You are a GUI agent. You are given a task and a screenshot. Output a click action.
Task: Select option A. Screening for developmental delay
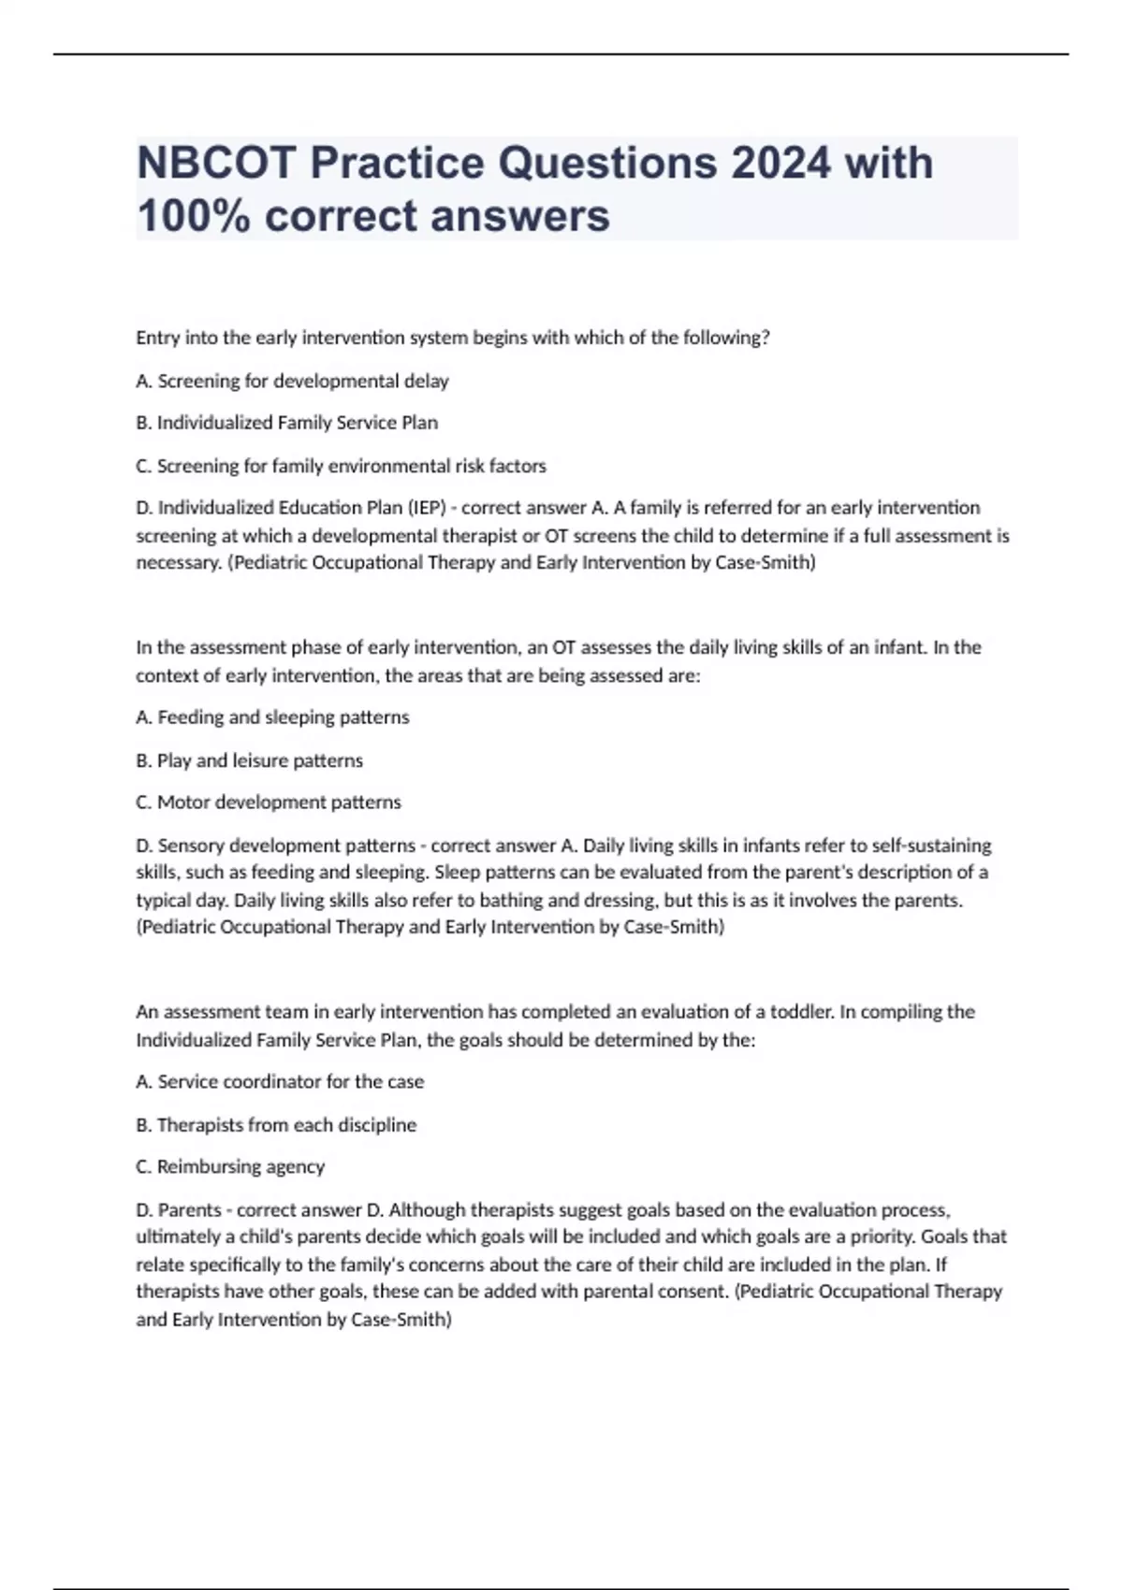point(292,381)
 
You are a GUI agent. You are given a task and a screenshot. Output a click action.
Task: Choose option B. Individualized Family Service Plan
point(286,423)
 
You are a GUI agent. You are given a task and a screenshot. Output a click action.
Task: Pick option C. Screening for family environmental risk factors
point(341,466)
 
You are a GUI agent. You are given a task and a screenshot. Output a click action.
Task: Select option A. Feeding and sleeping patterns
point(272,717)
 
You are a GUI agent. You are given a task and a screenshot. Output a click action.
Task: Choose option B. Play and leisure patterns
point(249,760)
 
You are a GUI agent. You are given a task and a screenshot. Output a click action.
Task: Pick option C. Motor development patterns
point(269,802)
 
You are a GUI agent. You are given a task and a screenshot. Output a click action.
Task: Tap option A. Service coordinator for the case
point(280,1082)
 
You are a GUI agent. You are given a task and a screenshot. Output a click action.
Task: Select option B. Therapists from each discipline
point(276,1125)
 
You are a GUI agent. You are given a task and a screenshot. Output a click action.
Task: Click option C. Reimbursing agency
point(230,1167)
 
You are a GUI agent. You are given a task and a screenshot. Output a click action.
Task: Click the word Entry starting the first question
point(157,338)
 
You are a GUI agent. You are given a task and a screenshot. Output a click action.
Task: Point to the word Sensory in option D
point(191,846)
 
